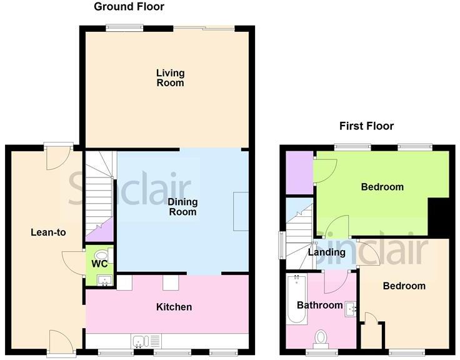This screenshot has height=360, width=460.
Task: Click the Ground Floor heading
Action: (x=129, y=7)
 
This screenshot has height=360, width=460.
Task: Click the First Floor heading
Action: (x=366, y=126)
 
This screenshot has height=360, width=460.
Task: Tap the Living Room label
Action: (x=170, y=77)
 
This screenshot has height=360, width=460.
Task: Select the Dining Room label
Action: (x=182, y=207)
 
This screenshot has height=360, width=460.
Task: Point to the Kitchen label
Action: (x=174, y=307)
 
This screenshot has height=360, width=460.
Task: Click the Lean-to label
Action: (x=48, y=232)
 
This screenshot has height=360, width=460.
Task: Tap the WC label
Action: (x=98, y=264)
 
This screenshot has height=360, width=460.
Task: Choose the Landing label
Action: (x=327, y=252)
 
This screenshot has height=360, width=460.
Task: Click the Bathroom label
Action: (x=319, y=305)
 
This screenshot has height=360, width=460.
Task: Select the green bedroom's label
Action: (x=382, y=186)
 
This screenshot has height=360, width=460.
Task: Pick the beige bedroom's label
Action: (x=404, y=286)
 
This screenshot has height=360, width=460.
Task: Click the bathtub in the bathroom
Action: (x=297, y=301)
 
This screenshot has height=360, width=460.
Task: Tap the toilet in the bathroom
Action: (x=321, y=337)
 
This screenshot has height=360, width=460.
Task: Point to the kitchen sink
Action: (x=143, y=341)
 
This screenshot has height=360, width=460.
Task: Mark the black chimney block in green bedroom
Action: (x=439, y=217)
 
